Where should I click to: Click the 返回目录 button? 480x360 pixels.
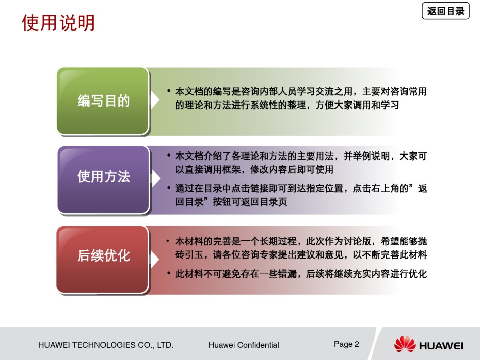coord(446,11)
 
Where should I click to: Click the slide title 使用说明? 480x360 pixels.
coord(58,23)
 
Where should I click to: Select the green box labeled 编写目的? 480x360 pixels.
coord(103,101)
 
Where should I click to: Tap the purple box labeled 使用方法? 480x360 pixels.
coord(104,180)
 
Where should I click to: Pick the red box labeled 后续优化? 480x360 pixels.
coord(103,260)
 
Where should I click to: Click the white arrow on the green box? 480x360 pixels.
coord(155,100)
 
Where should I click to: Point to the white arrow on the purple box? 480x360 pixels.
coord(156,179)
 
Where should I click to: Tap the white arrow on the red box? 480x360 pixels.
coord(154,259)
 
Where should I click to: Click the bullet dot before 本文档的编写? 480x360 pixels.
coord(169,91)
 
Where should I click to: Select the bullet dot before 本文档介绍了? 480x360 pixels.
coord(169,156)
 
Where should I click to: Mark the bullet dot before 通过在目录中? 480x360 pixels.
coord(169,188)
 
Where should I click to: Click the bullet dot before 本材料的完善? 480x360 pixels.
coord(168,241)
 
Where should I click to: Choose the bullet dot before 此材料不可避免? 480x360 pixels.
coord(169,273)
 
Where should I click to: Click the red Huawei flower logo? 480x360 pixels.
coord(405,344)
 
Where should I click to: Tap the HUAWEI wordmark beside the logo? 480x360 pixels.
coord(441,346)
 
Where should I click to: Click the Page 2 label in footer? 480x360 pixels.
coord(346,344)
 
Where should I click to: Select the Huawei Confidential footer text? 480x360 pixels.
coord(244,345)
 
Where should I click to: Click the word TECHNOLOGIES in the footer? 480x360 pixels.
coord(104,345)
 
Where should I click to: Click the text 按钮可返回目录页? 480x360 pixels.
coord(250,202)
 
